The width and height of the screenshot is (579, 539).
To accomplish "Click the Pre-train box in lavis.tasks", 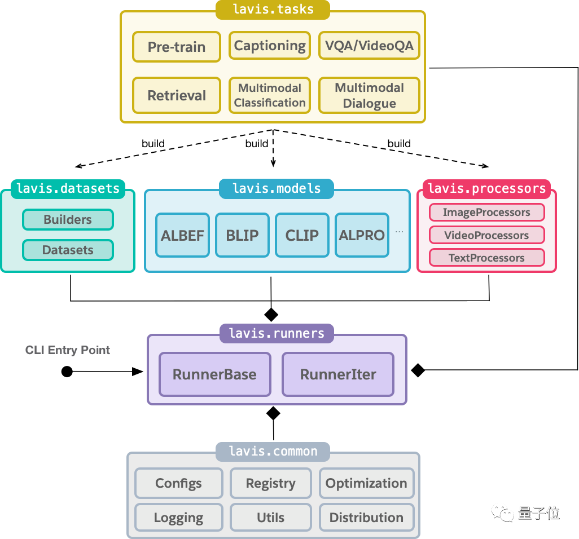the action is click(x=177, y=47).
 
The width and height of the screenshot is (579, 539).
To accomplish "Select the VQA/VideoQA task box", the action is click(x=369, y=45).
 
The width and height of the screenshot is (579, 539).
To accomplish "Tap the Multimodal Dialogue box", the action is click(x=369, y=95).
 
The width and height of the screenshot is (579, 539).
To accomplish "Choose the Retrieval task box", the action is click(x=177, y=95).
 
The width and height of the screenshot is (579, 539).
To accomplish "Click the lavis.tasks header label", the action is click(x=273, y=9).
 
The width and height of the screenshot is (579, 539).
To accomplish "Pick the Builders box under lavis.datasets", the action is click(x=68, y=219).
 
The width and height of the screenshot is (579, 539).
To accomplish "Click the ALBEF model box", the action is click(x=182, y=235).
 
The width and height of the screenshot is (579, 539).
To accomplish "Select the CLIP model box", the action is click(x=302, y=235).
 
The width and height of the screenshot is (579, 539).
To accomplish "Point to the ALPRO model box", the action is click(x=362, y=235).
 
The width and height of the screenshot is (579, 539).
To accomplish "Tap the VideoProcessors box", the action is click(x=486, y=235).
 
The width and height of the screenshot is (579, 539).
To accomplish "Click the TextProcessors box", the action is click(x=486, y=258).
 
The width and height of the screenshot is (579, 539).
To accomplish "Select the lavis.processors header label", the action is click(x=486, y=188).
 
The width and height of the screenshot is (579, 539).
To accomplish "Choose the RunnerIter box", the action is click(x=338, y=374).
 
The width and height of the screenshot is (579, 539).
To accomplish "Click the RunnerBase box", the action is click(x=215, y=374).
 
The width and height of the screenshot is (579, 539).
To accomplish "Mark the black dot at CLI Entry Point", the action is click(x=67, y=372).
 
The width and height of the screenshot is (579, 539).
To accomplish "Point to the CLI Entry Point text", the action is click(x=68, y=350).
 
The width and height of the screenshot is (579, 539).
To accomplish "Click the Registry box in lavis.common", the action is click(x=271, y=483).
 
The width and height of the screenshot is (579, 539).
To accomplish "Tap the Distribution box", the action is click(x=366, y=517).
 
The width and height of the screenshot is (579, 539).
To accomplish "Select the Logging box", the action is click(x=179, y=517).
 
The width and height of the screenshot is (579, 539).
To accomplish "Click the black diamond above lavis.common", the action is click(x=273, y=413).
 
